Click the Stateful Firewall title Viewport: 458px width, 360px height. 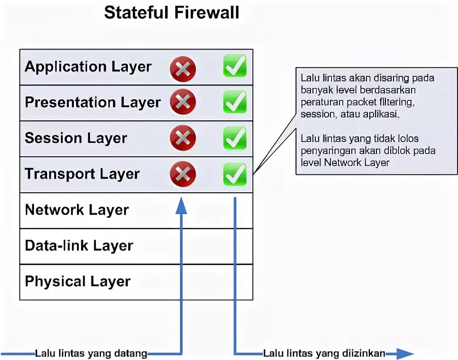[172, 12]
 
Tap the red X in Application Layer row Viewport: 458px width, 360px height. [183, 69]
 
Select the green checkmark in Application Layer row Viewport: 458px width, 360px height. [235, 66]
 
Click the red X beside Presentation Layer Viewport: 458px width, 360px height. [183, 103]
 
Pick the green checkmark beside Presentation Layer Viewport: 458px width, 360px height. [235, 102]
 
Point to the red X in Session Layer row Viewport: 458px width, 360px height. [183, 138]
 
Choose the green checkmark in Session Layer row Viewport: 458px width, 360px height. [235, 138]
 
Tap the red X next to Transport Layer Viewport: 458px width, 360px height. [183, 174]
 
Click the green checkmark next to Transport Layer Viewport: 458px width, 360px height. [235, 174]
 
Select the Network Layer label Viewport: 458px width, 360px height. [77, 210]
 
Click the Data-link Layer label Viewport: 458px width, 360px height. [79, 246]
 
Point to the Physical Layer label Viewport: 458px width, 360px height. [77, 281]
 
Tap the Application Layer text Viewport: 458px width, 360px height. [88, 67]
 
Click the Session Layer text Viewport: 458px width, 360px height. [76, 138]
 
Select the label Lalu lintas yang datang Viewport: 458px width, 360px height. [91, 353]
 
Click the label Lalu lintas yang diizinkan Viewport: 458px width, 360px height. [324, 353]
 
